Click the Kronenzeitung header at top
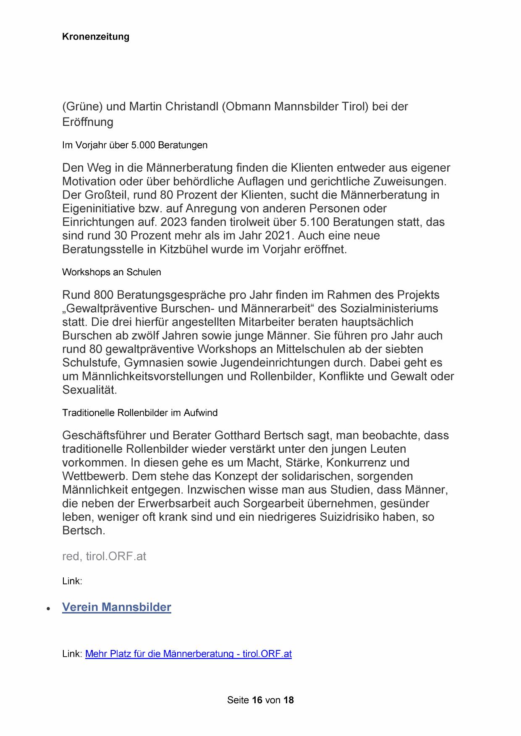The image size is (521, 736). coord(95,37)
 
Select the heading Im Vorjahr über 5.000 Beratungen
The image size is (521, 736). coord(134,145)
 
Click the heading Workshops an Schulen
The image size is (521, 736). coord(111,272)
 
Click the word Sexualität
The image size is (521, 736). coord(89,390)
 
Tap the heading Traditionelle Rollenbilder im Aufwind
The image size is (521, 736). coord(139,412)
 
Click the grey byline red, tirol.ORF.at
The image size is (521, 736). coord(104,556)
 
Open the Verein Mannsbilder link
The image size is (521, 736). coord(116,607)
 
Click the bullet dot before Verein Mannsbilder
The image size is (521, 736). coord(49,608)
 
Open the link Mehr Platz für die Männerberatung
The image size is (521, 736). coord(188,654)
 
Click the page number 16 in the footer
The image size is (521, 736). coord(257,700)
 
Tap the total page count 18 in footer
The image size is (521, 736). coord(288,700)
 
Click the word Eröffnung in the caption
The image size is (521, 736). coord(87,122)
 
